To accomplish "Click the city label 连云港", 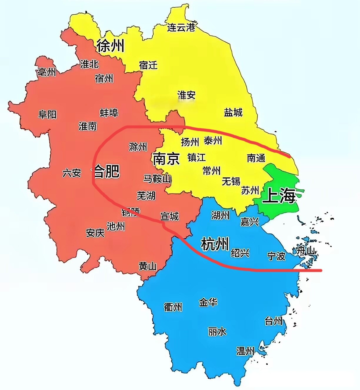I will click(x=181, y=27).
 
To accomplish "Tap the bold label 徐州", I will click(x=110, y=46).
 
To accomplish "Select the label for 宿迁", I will click(x=148, y=65).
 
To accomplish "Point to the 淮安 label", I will click(x=186, y=95).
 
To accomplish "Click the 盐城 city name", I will click(x=233, y=112).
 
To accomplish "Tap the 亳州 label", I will click(x=46, y=71).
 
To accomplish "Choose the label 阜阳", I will click(x=47, y=114).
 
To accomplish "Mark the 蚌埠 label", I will click(x=109, y=113).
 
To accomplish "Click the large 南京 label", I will click(x=166, y=159).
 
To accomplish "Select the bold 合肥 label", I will click(x=106, y=171).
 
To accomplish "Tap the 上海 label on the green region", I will click(x=279, y=196).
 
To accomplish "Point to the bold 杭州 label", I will click(x=215, y=244).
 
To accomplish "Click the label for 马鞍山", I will click(x=157, y=179).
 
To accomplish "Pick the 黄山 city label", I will click(x=148, y=266).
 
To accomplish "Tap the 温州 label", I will click(x=245, y=351).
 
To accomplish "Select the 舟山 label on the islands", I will click(x=306, y=251).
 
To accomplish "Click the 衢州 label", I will click(x=173, y=307).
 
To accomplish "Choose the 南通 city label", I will click(x=256, y=158).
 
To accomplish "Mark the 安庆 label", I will click(x=95, y=233).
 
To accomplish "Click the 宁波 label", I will click(x=276, y=256).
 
